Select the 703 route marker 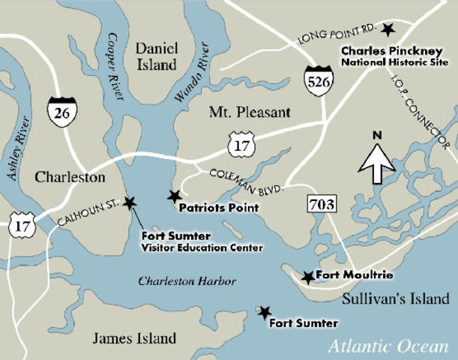321,202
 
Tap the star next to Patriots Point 175,196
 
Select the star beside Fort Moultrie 308,277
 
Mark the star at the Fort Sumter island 263,311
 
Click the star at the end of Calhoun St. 130,202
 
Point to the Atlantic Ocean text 389,346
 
